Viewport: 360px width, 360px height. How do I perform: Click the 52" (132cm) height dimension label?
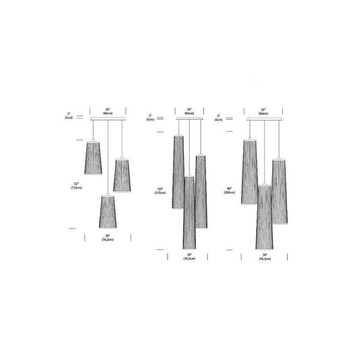76,184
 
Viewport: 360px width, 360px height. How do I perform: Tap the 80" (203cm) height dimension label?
230,190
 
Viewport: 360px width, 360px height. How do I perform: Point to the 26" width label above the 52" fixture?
107,111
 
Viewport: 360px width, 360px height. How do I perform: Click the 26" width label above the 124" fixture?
189,111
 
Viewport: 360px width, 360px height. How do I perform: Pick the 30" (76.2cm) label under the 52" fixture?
107,237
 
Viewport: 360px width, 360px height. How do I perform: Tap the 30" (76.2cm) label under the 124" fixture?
189,256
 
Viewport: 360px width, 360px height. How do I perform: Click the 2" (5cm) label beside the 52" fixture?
69,115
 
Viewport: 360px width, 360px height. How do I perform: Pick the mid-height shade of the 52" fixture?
122,175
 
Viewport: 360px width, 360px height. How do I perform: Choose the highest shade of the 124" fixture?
179,172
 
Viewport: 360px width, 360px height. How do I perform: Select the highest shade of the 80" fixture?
249,172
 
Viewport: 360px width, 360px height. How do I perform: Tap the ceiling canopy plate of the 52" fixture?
107,120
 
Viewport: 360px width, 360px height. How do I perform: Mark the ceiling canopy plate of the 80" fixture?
264,120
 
